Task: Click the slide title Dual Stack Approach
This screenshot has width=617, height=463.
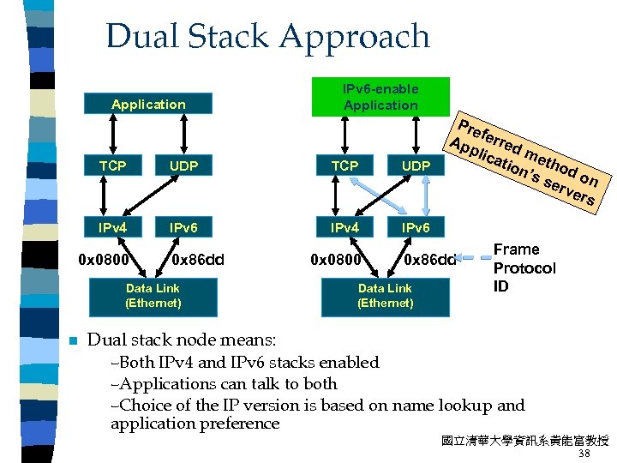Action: [x=267, y=36]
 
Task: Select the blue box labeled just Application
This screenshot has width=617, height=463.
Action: [x=148, y=105]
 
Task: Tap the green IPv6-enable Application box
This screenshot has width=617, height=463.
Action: [x=380, y=97]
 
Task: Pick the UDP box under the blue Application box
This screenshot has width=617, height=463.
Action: [x=184, y=165]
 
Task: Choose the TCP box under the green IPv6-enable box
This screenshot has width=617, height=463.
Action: [x=344, y=165]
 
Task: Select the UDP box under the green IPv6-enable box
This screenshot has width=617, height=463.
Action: [x=416, y=165]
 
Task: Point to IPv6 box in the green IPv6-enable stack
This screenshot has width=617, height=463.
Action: [x=416, y=228]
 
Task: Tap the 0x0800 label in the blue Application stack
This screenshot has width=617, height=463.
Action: [x=104, y=257]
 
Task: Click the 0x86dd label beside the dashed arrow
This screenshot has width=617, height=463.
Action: [x=429, y=257]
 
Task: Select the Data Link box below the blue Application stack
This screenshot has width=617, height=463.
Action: [x=153, y=296]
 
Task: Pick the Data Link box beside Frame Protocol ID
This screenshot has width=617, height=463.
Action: [x=386, y=296]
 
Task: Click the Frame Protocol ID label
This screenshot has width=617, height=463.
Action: [x=524, y=268]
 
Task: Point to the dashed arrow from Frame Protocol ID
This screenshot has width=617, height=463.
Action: [x=474, y=256]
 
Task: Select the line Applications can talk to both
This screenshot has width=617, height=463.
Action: [x=225, y=383]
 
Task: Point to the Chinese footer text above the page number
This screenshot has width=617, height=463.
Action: [x=524, y=441]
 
